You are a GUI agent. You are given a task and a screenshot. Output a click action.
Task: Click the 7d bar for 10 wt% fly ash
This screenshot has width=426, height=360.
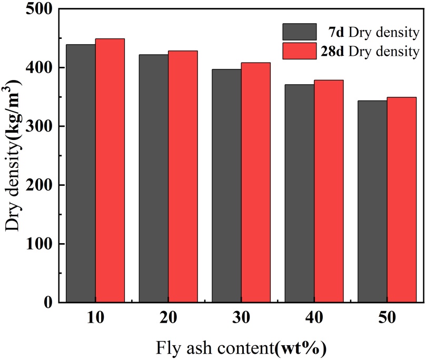[x=81, y=174]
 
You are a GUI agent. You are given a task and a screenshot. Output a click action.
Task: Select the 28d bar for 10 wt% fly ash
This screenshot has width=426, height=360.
[x=110, y=171]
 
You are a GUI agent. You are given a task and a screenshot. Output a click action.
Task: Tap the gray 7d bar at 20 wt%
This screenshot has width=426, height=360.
[x=154, y=178]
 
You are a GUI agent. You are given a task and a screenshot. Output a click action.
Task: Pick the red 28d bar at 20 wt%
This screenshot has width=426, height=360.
[x=183, y=176]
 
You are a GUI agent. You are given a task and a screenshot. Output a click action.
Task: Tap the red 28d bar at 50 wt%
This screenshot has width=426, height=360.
[x=401, y=199]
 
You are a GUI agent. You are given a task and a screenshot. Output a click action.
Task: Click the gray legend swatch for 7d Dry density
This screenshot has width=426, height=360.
[x=299, y=32]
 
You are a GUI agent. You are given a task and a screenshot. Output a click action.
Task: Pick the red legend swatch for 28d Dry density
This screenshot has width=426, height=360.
[x=299, y=51]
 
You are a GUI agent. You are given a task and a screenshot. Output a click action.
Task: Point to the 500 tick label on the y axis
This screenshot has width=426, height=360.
[x=38, y=9]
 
